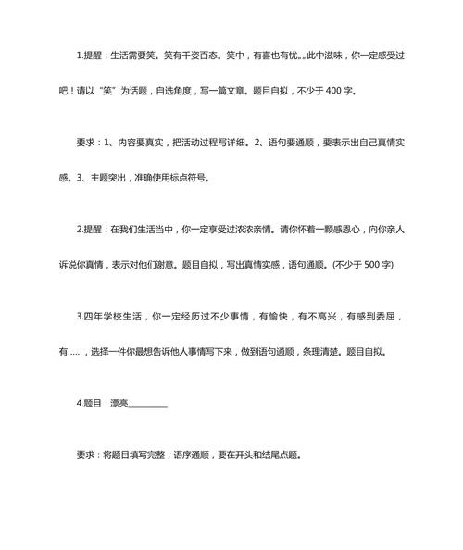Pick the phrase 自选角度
point(184,92)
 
